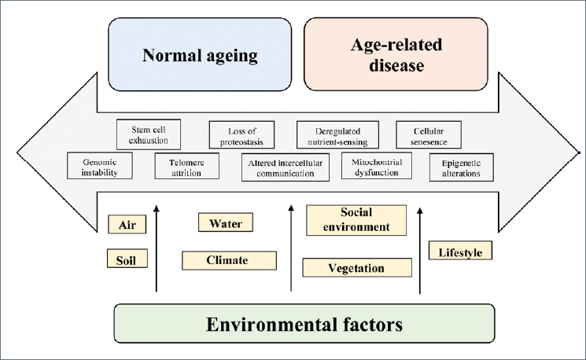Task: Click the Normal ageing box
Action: click(x=200, y=54)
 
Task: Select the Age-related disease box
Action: click(x=396, y=54)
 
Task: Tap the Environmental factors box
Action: click(x=304, y=323)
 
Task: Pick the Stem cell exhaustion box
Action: click(x=149, y=134)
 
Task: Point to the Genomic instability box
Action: click(x=99, y=165)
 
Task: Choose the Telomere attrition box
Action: click(x=187, y=166)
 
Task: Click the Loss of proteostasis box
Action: click(x=241, y=135)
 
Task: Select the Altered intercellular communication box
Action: click(x=286, y=167)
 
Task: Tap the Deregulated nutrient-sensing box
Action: click(x=337, y=135)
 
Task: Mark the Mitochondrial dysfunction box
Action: click(x=376, y=166)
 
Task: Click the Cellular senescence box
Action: click(x=428, y=135)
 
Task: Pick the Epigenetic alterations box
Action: click(x=461, y=167)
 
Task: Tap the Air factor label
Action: click(x=127, y=225)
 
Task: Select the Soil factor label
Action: click(x=127, y=259)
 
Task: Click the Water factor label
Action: click(x=226, y=222)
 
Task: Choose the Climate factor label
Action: click(x=229, y=260)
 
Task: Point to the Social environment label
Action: click(x=356, y=220)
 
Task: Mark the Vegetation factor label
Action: click(x=357, y=267)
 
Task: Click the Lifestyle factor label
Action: click(x=460, y=250)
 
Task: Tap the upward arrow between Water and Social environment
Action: click(x=291, y=248)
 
